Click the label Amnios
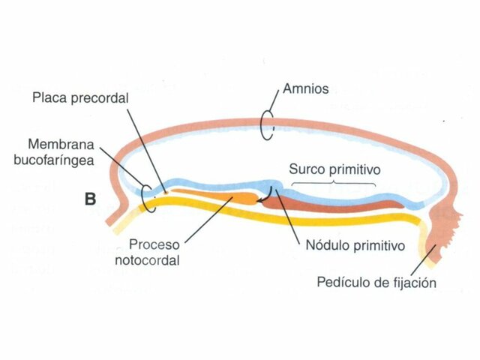tap(305, 89)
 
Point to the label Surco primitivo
tap(334, 169)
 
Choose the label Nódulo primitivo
tap(355, 245)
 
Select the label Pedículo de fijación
tap(376, 283)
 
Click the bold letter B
tap(90, 199)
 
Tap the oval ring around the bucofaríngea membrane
tap(150, 197)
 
